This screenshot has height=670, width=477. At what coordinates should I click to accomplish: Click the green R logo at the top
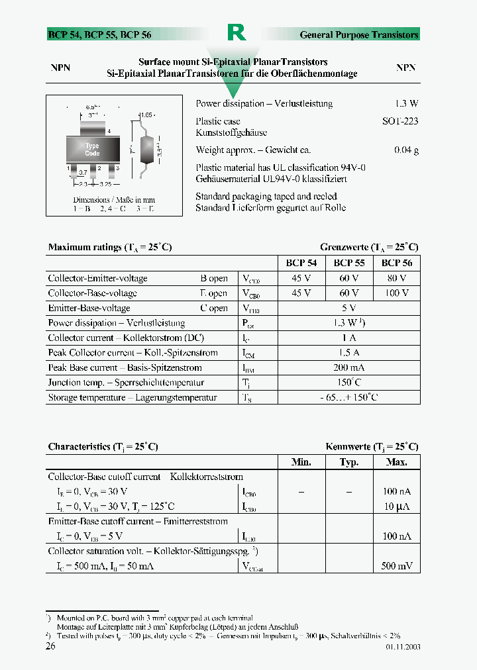(236, 32)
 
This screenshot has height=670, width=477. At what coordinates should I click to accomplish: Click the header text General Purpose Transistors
(359, 35)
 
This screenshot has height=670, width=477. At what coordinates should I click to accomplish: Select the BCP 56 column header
(396, 263)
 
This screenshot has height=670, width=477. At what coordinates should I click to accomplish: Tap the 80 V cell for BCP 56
(396, 278)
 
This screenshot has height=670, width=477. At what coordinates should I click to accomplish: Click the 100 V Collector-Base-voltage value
(396, 293)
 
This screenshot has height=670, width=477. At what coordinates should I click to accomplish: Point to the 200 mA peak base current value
(348, 367)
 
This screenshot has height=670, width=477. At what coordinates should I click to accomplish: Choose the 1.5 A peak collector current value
(348, 353)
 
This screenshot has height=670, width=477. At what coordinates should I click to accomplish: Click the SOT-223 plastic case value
(400, 122)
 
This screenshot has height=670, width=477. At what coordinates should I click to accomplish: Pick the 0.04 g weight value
(406, 150)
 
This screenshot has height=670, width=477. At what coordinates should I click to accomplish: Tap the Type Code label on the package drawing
(92, 150)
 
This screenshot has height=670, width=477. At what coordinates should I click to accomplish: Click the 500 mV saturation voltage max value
(396, 566)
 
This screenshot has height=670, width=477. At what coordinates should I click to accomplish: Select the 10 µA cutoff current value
(396, 506)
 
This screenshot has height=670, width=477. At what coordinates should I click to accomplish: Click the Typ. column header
(348, 462)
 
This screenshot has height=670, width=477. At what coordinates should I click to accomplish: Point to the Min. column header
(301, 462)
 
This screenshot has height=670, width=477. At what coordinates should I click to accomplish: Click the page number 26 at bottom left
(50, 646)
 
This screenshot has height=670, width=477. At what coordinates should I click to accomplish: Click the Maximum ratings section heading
(110, 247)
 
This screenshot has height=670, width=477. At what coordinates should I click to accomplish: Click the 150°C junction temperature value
(348, 383)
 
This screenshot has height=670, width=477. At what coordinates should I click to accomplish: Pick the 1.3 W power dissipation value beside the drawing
(406, 104)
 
